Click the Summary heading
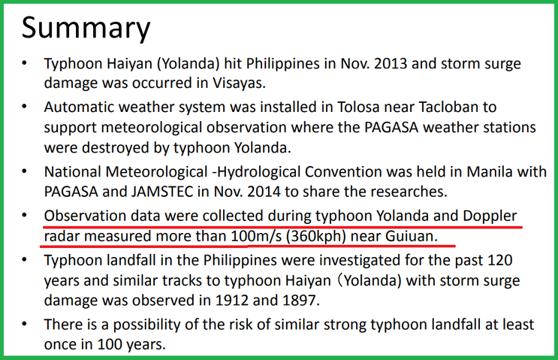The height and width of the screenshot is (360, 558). point(86,28)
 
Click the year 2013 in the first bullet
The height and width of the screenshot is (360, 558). point(389,64)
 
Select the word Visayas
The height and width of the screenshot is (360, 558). point(239,83)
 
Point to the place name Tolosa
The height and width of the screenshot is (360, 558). point(357,107)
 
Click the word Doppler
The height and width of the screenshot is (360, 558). point(490,216)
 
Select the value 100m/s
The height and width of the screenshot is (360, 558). point(256,236)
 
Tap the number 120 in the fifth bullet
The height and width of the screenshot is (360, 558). point(500,260)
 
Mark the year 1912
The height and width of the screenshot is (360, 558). point(231,301)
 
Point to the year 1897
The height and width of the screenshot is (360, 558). point(300,301)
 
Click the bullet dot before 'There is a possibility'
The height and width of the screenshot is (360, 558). point(24,324)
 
